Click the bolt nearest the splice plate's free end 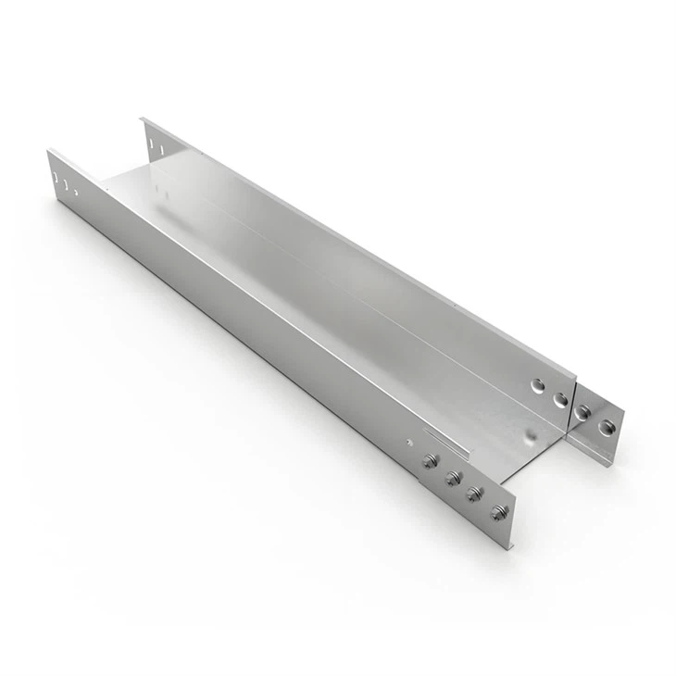tap(499, 511)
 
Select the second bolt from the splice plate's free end tap(475, 494)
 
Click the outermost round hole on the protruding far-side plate tap(607, 427)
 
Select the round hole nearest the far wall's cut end tap(560, 399)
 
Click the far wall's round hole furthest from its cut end tap(539, 384)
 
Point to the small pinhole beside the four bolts tap(408, 444)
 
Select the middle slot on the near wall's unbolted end tap(66, 184)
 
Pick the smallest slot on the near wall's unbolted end tap(75, 193)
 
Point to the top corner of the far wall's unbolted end tap(142, 118)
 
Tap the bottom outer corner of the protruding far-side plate tap(609, 466)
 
